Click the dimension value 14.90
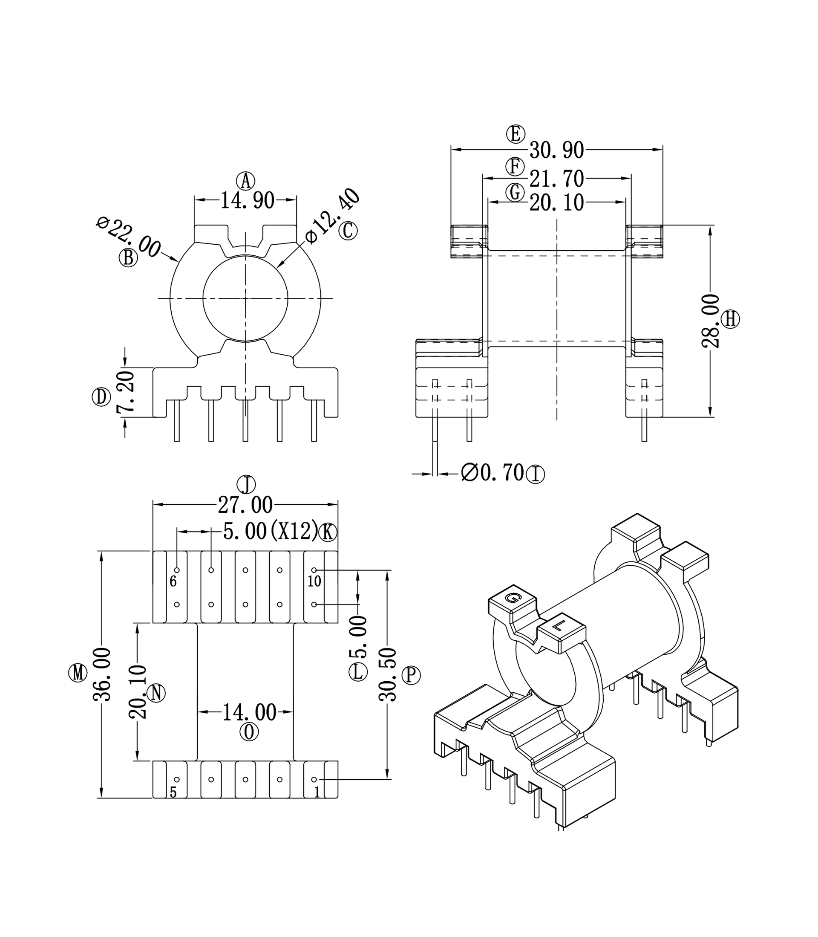click(x=248, y=200)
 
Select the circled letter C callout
click(x=348, y=231)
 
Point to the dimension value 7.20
click(x=126, y=392)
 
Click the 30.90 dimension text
click(x=556, y=150)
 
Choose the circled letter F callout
click(x=515, y=167)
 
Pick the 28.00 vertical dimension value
click(x=710, y=321)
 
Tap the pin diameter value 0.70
click(x=493, y=473)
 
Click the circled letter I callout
click(x=536, y=474)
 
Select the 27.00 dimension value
click(x=245, y=505)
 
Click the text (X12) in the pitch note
click(x=294, y=531)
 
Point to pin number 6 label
click(x=173, y=582)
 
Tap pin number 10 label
click(x=314, y=582)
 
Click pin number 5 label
click(x=173, y=793)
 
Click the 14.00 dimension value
click(x=249, y=712)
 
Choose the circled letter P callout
click(x=411, y=675)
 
